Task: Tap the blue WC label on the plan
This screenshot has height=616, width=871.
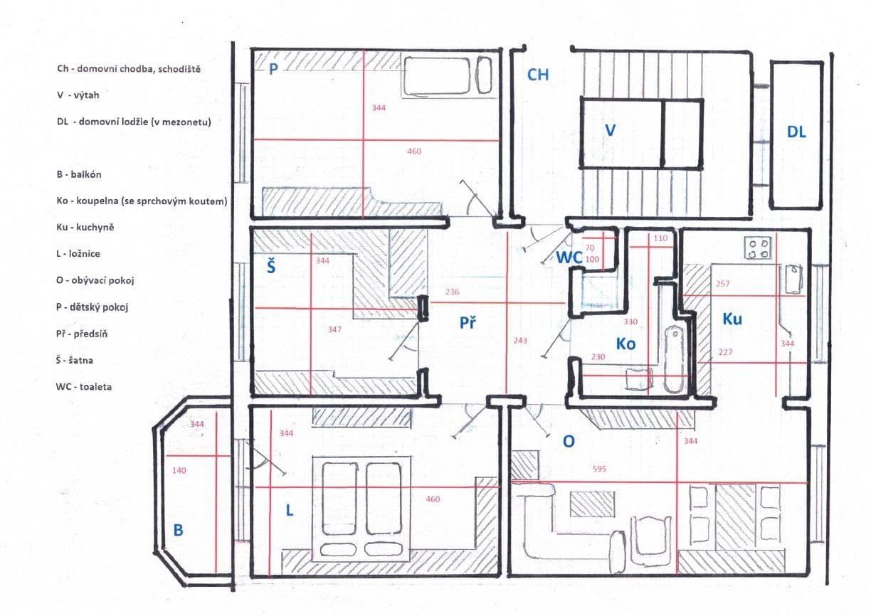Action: pyautogui.click(x=569, y=258)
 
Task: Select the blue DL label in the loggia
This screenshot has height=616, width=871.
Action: pyautogui.click(x=796, y=132)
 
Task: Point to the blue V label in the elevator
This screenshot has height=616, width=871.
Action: pyautogui.click(x=609, y=130)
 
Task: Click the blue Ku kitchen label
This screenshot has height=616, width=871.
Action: pyautogui.click(x=732, y=319)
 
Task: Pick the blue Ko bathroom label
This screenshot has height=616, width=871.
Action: pyautogui.click(x=625, y=344)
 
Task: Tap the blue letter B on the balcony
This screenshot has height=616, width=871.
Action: pyautogui.click(x=179, y=530)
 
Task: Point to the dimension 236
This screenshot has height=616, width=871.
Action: pyautogui.click(x=452, y=292)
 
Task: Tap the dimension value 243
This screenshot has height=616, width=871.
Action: pyautogui.click(x=520, y=341)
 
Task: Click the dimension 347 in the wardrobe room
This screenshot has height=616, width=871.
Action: pyautogui.click(x=334, y=330)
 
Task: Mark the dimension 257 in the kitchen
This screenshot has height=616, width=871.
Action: pyautogui.click(x=723, y=284)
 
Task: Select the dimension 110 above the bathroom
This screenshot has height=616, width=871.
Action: pyautogui.click(x=660, y=238)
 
